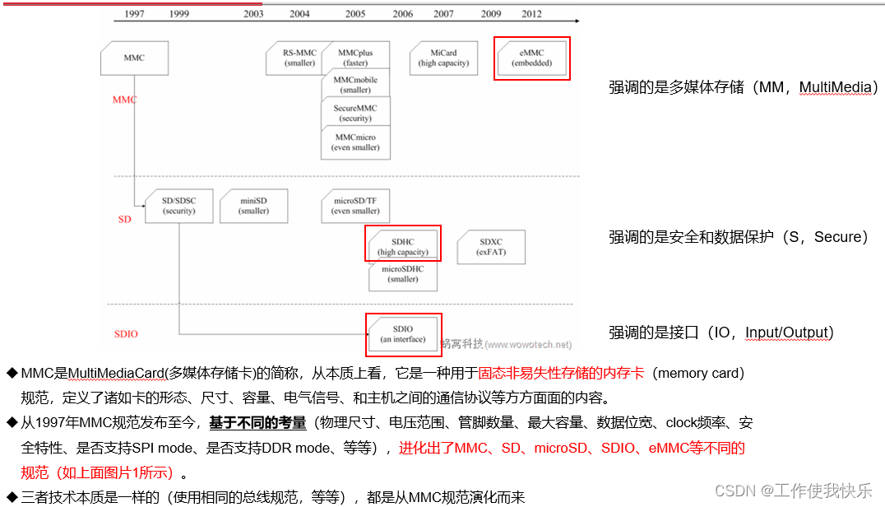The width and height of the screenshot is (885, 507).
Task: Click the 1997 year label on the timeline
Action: (134, 14)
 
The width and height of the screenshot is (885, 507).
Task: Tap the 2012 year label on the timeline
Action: (532, 14)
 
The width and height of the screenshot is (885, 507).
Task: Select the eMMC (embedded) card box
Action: (532, 58)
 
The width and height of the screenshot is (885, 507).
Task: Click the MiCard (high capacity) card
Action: (443, 58)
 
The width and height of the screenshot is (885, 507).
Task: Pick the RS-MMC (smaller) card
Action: (299, 58)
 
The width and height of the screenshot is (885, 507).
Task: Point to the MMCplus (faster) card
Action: (355, 58)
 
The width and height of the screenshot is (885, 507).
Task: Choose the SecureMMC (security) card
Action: (355, 113)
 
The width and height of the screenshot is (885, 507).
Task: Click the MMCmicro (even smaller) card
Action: (355, 142)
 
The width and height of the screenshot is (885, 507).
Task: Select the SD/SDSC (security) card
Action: (178, 206)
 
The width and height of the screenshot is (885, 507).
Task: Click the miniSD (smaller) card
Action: (253, 206)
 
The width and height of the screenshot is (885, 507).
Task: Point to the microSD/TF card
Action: (355, 206)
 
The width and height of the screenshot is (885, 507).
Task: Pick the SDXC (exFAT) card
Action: (491, 247)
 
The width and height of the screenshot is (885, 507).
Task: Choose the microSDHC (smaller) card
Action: (403, 274)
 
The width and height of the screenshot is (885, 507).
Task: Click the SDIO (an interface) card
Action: (403, 334)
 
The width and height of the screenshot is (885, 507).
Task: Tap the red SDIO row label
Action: (126, 334)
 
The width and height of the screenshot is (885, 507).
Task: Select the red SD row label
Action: (124, 220)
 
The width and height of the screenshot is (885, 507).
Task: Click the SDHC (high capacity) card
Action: (403, 247)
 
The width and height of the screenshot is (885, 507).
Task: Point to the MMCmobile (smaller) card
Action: (355, 85)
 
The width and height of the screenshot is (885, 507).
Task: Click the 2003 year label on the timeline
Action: (253, 14)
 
